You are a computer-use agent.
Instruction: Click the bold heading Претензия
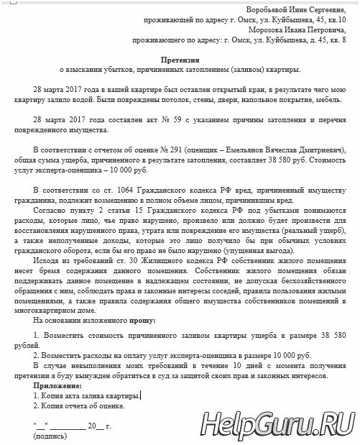click(x=179, y=63)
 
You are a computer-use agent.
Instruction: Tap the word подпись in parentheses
click(x=50, y=436)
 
